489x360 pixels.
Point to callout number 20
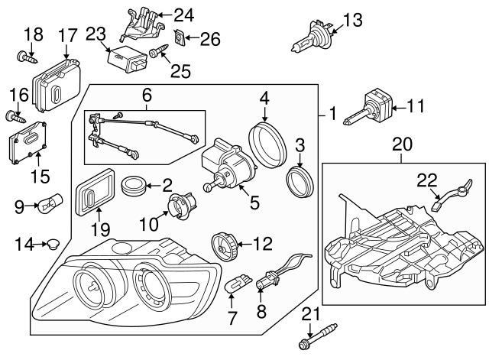pos(401,144)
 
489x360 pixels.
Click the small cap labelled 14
pos(53,245)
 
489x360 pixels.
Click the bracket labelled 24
pos(146,24)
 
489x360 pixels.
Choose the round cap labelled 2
pos(134,186)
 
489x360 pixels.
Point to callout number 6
pos(147,95)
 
